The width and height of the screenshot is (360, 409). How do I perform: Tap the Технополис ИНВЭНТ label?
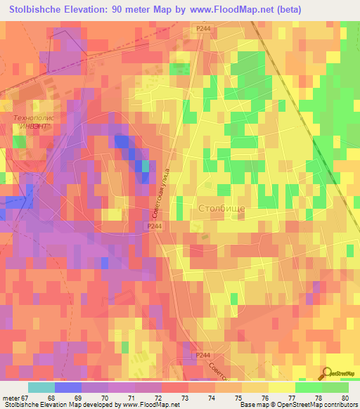click(x=35, y=122)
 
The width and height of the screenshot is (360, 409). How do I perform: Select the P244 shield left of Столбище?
click(x=155, y=226)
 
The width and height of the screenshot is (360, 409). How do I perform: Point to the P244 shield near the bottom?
click(x=202, y=356)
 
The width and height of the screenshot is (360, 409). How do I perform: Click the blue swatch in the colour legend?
click(x=68, y=387)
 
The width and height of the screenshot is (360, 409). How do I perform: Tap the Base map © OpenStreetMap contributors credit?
click(x=300, y=405)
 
